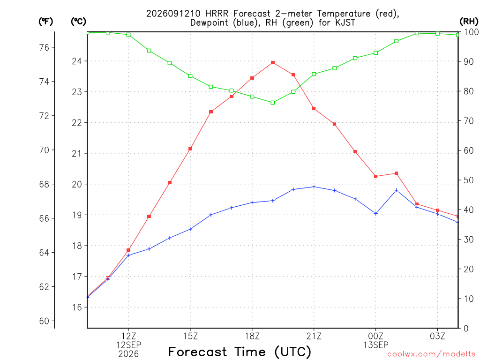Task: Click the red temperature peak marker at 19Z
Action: pos(273,63)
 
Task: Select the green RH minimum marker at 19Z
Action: pos(273,103)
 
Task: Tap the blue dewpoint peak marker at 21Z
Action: pos(314,187)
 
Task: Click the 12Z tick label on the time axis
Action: pos(128,336)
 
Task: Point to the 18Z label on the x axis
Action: pos(252,336)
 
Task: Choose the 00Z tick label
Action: pos(375,336)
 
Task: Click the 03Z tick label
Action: pos(437,336)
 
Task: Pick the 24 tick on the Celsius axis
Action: pos(77,61)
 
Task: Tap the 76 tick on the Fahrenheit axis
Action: pos(44,47)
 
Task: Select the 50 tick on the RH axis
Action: pos(469,180)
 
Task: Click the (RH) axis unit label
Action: pos(469,22)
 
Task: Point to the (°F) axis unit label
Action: pos(45,22)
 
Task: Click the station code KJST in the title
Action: pos(345,22)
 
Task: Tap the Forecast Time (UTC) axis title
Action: pos(240,352)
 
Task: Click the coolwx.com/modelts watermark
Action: pos(431,354)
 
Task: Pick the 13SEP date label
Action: pos(375,345)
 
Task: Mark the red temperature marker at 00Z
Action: pos(375,176)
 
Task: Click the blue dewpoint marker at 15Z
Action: pos(190,229)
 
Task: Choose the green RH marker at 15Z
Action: pos(190,76)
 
